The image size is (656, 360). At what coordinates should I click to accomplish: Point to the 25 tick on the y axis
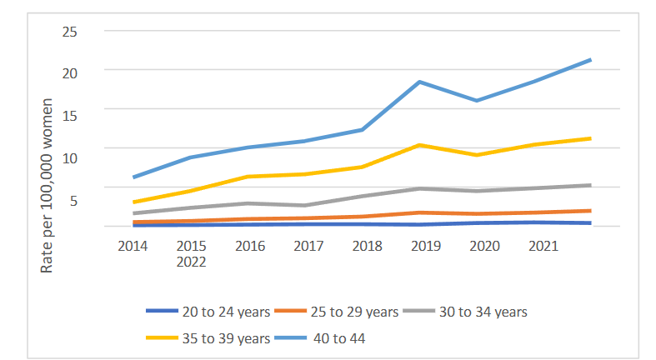69,32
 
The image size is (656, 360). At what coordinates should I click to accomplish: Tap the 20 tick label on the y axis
69,72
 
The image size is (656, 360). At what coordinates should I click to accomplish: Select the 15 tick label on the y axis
69,115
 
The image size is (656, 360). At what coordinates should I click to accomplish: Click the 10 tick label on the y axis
69,157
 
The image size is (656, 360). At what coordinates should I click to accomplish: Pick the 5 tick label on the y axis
73,200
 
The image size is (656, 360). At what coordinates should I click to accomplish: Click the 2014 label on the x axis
133,246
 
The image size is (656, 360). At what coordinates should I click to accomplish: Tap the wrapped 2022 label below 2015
191,261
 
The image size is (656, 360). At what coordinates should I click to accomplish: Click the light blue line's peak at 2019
420,82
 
